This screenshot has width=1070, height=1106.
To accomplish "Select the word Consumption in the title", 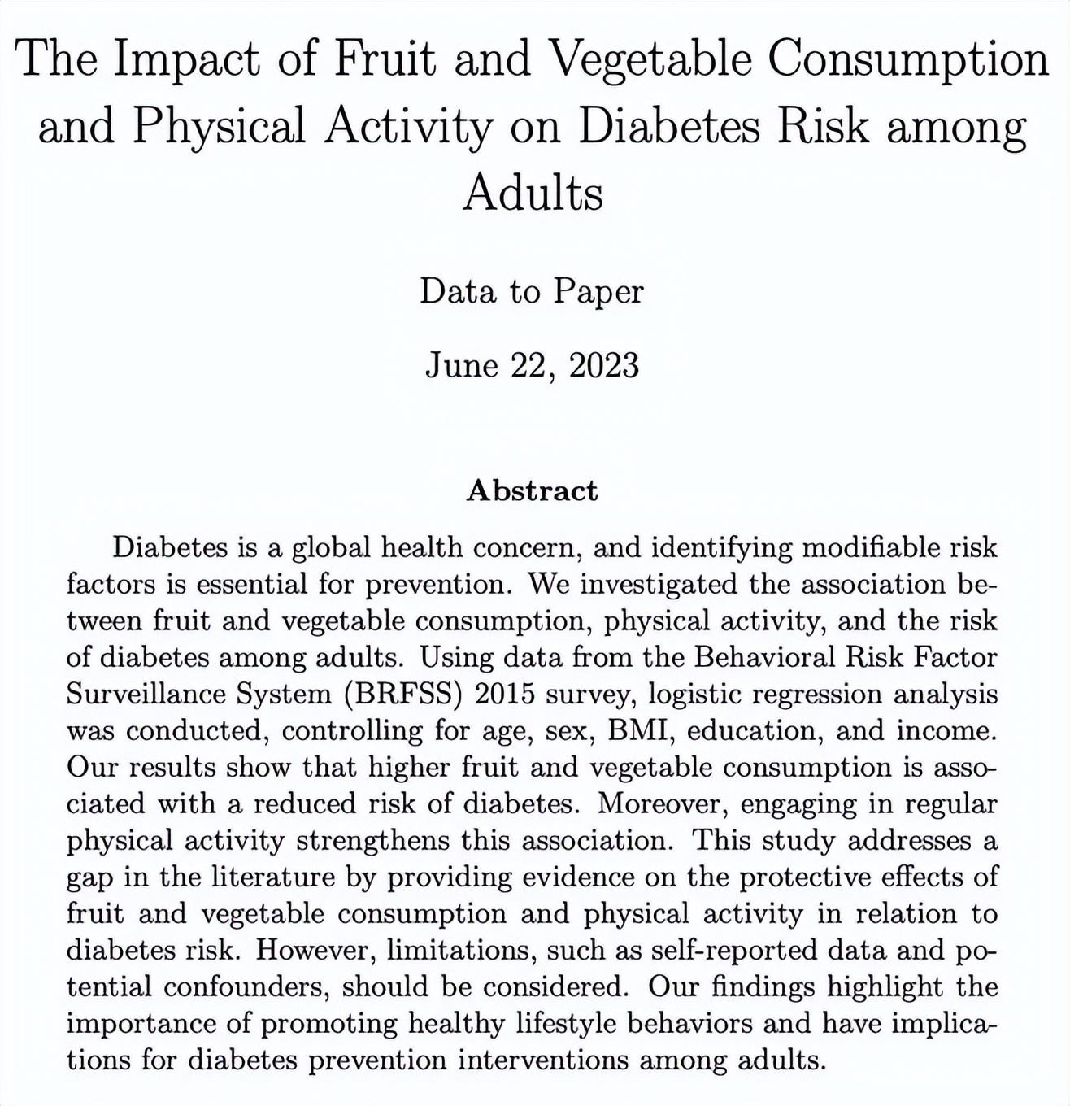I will click(x=908, y=60).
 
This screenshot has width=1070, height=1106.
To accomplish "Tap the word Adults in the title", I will click(x=533, y=194).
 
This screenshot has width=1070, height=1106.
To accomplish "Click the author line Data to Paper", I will click(x=532, y=291).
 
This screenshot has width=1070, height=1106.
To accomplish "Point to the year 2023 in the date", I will click(x=604, y=365).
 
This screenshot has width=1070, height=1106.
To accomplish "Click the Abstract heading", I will click(x=533, y=490).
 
